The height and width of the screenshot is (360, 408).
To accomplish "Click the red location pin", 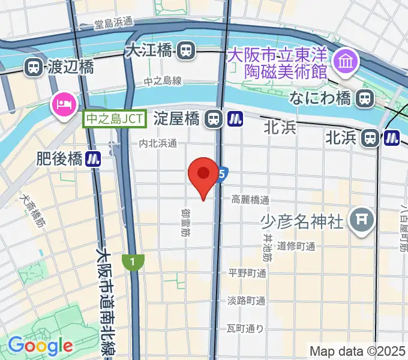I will coord(203,175).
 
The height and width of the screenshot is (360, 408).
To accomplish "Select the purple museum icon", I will coord(346,61).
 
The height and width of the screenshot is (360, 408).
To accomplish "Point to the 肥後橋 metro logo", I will coord(92,159).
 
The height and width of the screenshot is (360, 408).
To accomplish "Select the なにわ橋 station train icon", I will coord(364,98).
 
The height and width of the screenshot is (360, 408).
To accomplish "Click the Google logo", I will coord(40,346).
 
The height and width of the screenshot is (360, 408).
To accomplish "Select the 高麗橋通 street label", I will coord(250,200).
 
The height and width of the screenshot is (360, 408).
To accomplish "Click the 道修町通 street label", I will coord(296,246).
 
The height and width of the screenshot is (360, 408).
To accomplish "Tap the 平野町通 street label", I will coord(247,274).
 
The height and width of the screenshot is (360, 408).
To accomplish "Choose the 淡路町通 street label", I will coord(246,301).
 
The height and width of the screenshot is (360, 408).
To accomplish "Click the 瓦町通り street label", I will coord(245,328).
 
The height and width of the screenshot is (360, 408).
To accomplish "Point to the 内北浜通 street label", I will coord(158,143).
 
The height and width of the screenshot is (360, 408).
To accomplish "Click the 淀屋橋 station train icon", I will coord(212,119).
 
